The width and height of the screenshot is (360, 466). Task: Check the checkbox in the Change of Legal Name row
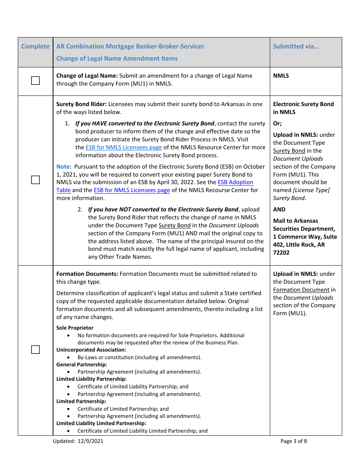pyautogui.click(x=35, y=81)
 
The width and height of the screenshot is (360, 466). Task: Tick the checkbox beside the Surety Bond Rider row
pyautogui.click(x=35, y=180)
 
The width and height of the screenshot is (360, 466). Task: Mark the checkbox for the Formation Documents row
pyautogui.click(x=35, y=349)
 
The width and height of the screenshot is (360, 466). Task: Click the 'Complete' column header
pyautogui.click(x=35, y=47)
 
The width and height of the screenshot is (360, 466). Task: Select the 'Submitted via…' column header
pyautogui.click(x=296, y=47)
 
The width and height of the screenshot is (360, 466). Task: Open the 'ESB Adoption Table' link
pyautogui.click(x=235, y=182)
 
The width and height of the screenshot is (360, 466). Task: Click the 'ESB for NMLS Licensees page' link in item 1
pyautogui.click(x=124, y=147)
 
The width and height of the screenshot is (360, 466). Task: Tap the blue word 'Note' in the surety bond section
pyautogui.click(x=63, y=167)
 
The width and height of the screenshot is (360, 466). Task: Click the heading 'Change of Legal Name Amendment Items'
pyautogui.click(x=117, y=58)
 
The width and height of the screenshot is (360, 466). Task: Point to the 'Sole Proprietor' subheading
pyautogui.click(x=75, y=328)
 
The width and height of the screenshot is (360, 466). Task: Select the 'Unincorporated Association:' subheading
pyautogui.click(x=91, y=350)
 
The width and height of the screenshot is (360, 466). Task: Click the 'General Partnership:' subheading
pyautogui.click(x=81, y=364)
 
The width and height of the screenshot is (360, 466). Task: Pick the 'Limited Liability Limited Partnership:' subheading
pyautogui.click(x=101, y=423)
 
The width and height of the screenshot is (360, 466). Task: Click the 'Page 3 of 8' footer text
pyautogui.click(x=294, y=441)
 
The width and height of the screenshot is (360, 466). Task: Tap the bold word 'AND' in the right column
pyautogui.click(x=279, y=210)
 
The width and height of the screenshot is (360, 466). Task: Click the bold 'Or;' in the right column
pyautogui.click(x=277, y=124)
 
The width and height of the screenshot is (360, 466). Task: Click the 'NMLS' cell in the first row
pyautogui.click(x=281, y=76)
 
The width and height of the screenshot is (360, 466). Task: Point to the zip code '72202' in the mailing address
pyautogui.click(x=281, y=253)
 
